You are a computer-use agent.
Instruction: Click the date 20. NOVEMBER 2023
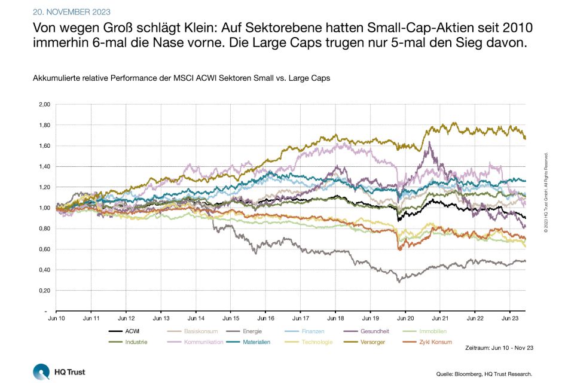pos(72,12)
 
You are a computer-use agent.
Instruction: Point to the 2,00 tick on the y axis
pos(44,105)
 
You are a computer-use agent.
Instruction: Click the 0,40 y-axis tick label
pos(44,270)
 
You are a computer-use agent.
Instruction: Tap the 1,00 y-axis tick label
pos(44,208)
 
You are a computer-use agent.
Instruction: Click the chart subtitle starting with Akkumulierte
pos(181,78)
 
